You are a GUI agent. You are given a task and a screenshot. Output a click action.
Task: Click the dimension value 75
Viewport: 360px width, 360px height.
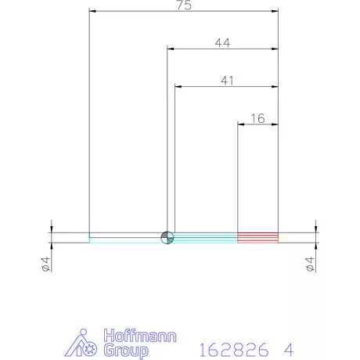(x=184, y=5)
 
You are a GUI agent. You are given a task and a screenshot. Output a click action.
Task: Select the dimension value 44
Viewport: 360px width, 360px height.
(x=222, y=44)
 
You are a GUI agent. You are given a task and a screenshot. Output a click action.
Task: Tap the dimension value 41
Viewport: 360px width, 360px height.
(x=227, y=80)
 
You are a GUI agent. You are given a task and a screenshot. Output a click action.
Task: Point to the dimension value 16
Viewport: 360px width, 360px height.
(x=257, y=118)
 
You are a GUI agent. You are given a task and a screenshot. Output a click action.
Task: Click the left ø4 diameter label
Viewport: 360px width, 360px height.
(x=45, y=264)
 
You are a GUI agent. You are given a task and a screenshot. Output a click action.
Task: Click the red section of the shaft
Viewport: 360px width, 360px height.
(x=258, y=236)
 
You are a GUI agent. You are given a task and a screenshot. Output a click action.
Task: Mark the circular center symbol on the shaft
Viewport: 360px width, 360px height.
(x=167, y=237)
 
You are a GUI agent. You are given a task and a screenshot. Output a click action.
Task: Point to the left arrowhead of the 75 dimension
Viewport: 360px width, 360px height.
(x=92, y=12)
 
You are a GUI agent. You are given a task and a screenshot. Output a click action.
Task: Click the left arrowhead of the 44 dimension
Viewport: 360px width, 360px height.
(x=170, y=49)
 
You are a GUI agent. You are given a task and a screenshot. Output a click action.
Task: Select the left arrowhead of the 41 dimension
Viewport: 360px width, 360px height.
(x=178, y=85)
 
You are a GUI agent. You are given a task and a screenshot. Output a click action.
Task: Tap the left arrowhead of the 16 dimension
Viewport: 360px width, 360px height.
(x=241, y=124)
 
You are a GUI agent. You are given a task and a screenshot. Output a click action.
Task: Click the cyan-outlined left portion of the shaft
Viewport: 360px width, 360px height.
(x=125, y=237)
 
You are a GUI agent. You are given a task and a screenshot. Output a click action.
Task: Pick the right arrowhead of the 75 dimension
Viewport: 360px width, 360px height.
(x=275, y=12)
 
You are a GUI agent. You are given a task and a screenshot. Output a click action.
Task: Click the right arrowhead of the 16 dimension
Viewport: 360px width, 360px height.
(x=275, y=124)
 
